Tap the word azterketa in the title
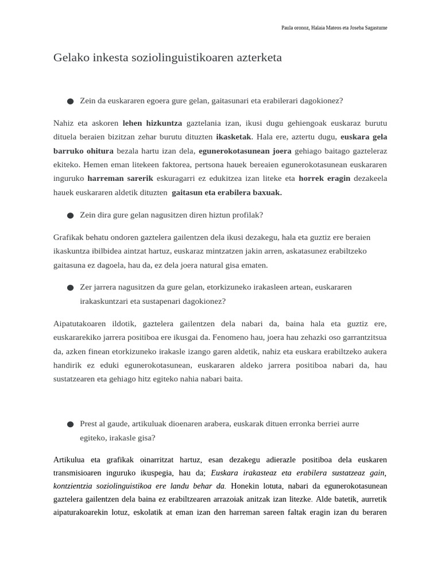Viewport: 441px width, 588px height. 256,58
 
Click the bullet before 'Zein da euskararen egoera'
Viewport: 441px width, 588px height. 70,101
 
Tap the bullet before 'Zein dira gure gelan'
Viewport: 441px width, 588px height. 70,215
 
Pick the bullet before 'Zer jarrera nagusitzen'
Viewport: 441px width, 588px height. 70,287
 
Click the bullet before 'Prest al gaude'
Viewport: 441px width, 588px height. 70,424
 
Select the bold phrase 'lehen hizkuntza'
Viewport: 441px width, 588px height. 152,123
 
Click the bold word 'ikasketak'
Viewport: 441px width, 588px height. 234,137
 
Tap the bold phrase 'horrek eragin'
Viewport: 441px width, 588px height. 324,178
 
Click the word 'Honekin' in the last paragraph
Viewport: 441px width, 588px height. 244,485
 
